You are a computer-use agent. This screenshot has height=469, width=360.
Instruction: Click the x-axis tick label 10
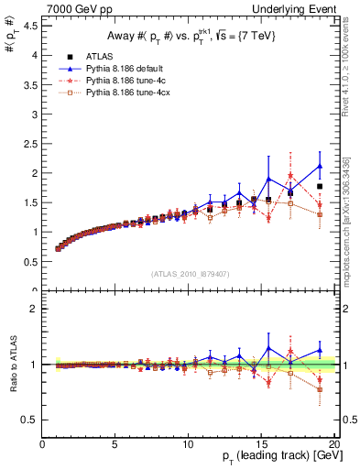[x=188, y=445]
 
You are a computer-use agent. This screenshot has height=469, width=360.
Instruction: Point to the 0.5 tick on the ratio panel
[x=29, y=420]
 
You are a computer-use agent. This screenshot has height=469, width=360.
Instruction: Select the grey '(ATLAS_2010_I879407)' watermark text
[x=189, y=273]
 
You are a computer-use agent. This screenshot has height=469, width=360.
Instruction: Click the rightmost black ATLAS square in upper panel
[x=319, y=186]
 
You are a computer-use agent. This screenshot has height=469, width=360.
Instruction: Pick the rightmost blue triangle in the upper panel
[x=319, y=166]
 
